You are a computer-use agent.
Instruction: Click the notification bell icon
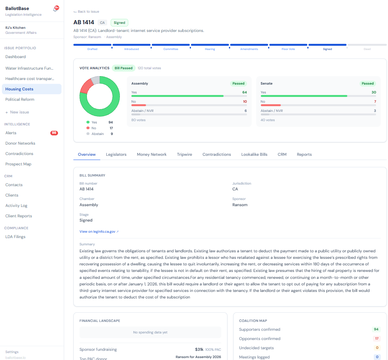click(55, 9)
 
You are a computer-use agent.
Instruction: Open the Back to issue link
click(86, 12)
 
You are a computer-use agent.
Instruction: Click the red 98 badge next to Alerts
click(54, 133)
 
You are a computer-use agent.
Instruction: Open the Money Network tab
click(152, 154)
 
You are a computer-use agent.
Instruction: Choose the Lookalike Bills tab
click(254, 154)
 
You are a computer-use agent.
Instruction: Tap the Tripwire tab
click(184, 154)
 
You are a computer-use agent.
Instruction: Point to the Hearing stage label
click(210, 49)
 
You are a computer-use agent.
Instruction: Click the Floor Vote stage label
click(288, 49)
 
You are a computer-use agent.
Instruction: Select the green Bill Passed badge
click(123, 68)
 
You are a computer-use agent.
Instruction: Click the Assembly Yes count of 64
click(244, 92)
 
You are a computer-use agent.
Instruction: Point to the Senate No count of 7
click(375, 102)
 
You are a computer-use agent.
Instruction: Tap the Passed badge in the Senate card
click(368, 83)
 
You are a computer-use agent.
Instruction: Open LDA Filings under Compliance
click(15, 237)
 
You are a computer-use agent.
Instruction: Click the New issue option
click(17, 112)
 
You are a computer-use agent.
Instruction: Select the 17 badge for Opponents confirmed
click(376, 338)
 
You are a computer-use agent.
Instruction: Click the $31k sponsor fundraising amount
click(199, 349)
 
